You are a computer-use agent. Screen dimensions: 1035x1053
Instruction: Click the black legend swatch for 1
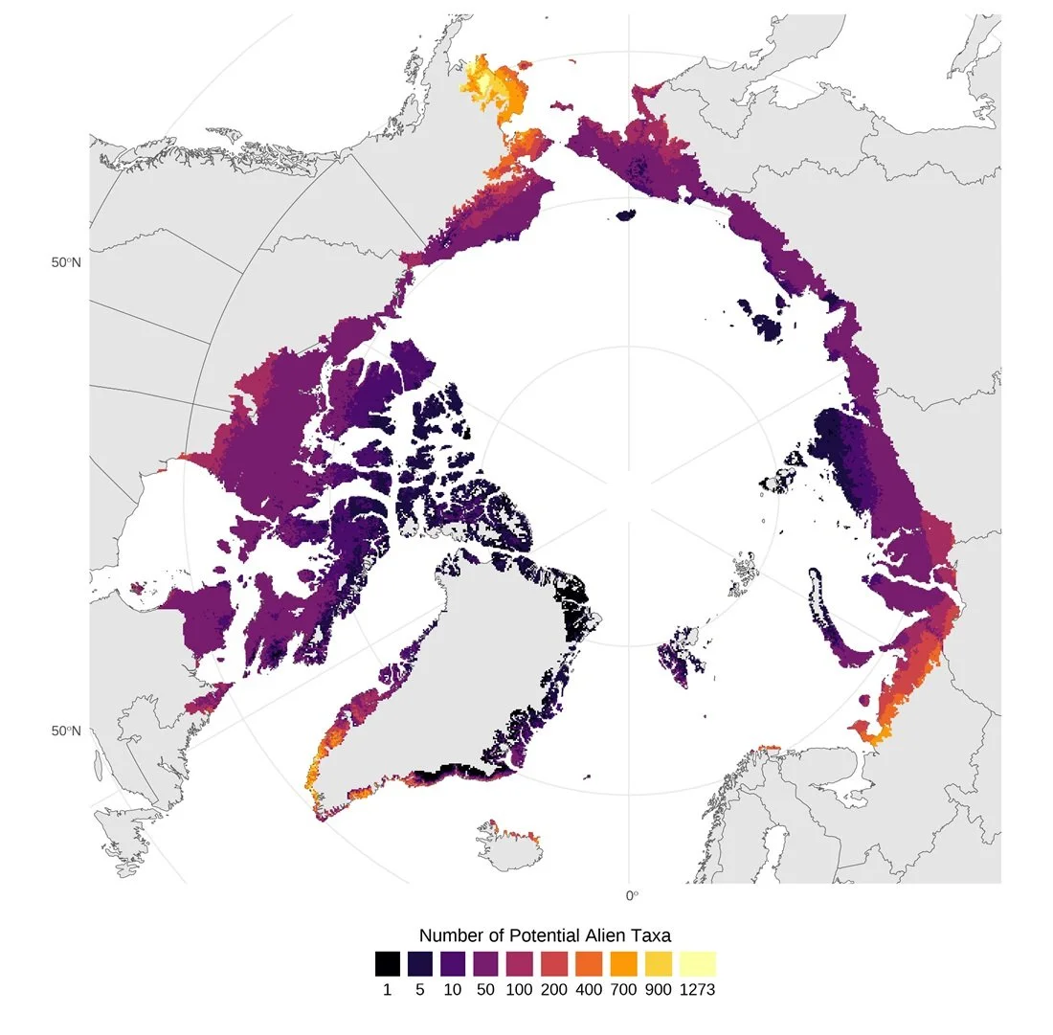coord(387,962)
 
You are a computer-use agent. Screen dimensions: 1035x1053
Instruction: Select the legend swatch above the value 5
coord(419,962)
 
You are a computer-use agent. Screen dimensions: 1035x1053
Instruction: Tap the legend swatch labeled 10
coord(452,962)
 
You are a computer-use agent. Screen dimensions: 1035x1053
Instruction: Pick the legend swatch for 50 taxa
coord(485,962)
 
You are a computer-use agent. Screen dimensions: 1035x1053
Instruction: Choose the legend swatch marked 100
coord(518,962)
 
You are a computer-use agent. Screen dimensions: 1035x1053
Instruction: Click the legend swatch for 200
coord(551,962)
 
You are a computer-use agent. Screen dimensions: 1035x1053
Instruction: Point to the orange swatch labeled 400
coord(584,962)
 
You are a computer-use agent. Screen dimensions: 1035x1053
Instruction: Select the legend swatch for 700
coord(617,962)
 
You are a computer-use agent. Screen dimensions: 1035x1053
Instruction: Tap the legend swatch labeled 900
coord(650,962)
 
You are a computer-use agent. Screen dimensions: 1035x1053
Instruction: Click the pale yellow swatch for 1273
coord(700,962)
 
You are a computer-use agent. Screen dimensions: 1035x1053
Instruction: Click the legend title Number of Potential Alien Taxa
coord(551,934)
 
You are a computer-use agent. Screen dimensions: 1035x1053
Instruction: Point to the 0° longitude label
coord(631,895)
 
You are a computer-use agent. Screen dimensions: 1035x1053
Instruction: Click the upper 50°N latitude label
coord(66,262)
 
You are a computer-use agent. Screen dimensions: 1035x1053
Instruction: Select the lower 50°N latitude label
coord(66,731)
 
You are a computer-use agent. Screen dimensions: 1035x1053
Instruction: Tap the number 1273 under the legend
coord(700,990)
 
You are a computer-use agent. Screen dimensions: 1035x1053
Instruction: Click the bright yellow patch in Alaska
coord(488,81)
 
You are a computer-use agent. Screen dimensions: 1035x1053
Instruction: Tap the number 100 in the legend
coord(518,990)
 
